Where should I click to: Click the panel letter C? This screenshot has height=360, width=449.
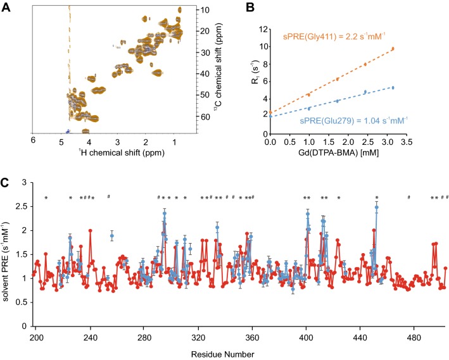(x=6, y=184)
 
